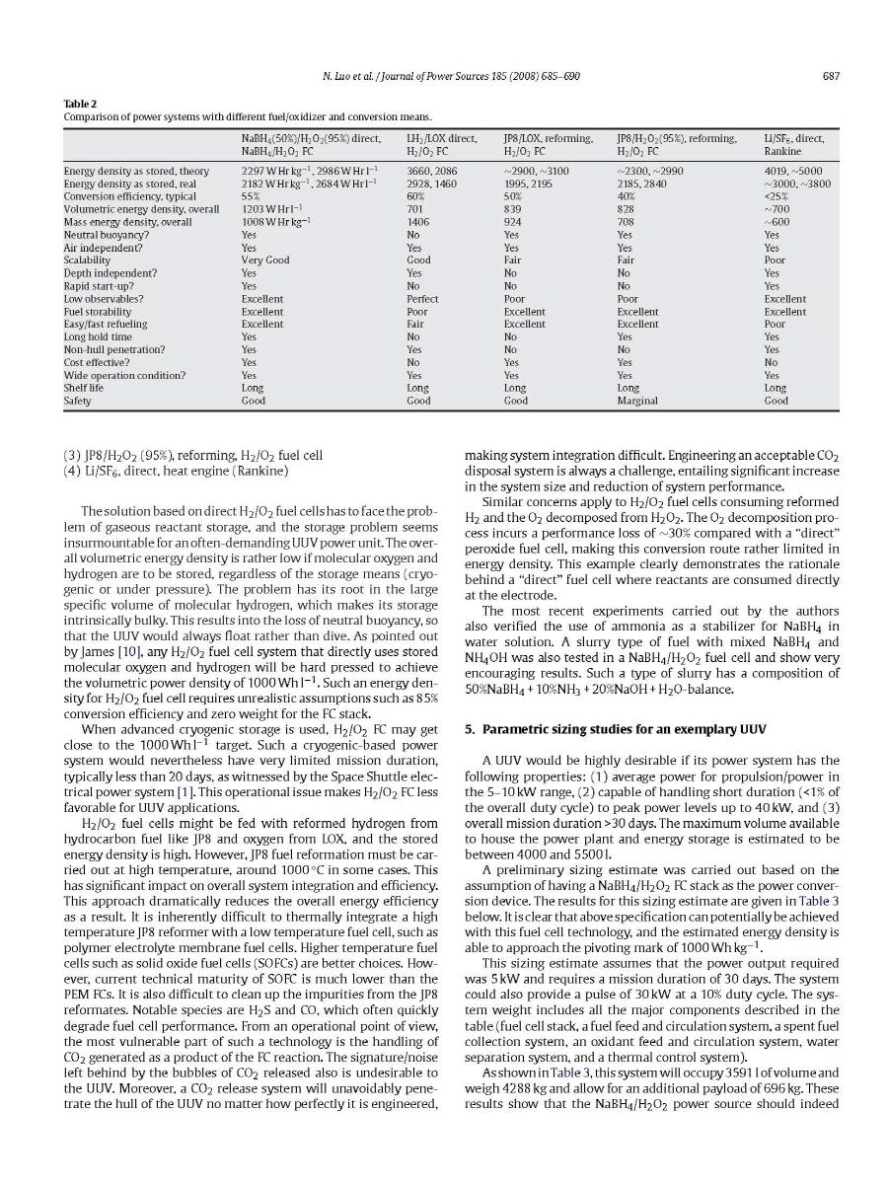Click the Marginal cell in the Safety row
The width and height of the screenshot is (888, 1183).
tap(637, 401)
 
